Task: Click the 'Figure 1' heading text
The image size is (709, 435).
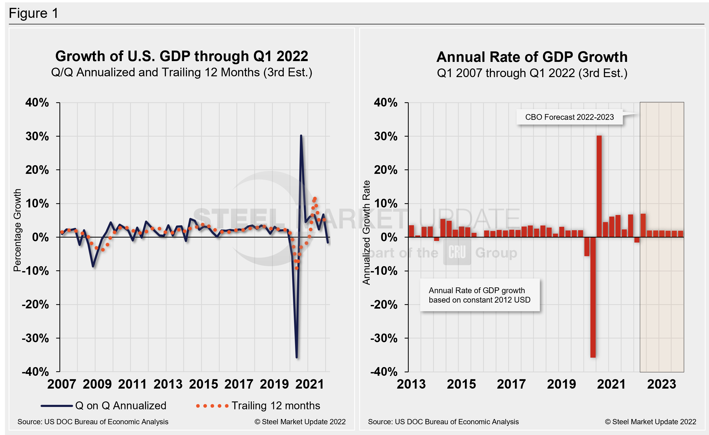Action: [34, 13]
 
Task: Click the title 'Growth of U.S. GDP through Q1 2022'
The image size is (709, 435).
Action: [181, 56]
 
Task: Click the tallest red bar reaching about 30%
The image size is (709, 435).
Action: [599, 187]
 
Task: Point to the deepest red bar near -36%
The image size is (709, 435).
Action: [593, 297]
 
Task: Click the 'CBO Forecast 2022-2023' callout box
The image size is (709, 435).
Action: [569, 117]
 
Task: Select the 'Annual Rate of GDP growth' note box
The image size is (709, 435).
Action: [479, 295]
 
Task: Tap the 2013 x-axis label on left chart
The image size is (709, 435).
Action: [168, 384]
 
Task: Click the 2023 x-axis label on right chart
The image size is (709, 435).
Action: [661, 384]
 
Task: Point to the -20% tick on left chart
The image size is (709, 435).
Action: [36, 304]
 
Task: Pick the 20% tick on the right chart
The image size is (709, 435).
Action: [386, 170]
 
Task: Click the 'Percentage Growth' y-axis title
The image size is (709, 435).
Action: [17, 230]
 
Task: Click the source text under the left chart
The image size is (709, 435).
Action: [93, 421]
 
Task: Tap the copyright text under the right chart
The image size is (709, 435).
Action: [650, 421]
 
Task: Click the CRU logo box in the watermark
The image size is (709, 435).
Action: [457, 252]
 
